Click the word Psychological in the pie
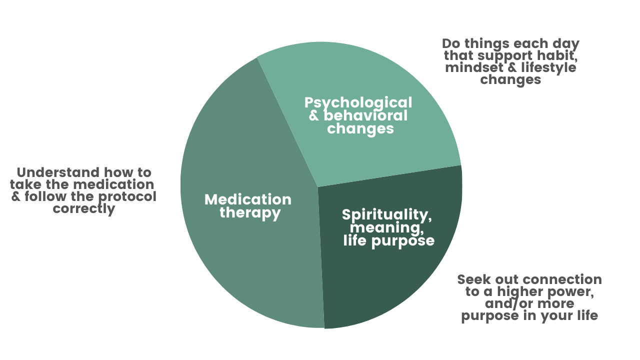click(358, 102)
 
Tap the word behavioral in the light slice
click(365, 115)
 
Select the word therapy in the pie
click(250, 213)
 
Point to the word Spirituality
click(386, 215)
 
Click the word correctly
click(84, 208)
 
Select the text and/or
click(509, 303)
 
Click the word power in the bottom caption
click(571, 291)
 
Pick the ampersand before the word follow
click(16, 196)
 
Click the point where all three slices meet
click(317, 187)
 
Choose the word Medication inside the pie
click(248, 199)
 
